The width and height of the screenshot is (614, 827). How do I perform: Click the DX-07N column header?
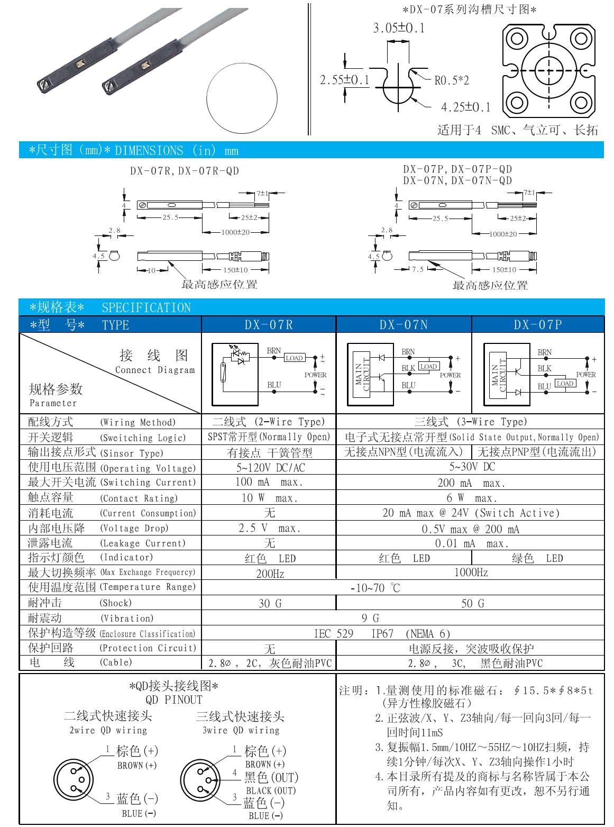tap(403, 324)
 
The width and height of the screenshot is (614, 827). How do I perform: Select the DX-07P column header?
tap(537, 324)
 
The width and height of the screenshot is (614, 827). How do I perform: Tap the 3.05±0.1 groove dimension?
tap(399, 28)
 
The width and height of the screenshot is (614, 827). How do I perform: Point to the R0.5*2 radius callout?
tap(452, 81)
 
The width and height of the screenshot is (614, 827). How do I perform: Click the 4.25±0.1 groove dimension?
tap(465, 107)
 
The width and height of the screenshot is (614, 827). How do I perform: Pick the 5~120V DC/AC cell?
tap(270, 468)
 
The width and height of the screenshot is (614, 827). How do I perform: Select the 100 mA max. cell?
tap(270, 483)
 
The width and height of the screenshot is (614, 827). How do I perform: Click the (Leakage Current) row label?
tap(143, 543)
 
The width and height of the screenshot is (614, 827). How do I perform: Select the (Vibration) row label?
tap(127, 618)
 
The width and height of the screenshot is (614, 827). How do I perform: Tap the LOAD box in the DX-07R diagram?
tap(294, 358)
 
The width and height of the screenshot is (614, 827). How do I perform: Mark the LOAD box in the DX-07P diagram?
tap(565, 383)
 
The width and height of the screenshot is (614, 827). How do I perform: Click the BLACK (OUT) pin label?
tap(270, 790)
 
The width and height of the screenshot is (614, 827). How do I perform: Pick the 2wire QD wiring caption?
tap(108, 730)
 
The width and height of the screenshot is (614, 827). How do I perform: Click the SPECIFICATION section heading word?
tap(146, 307)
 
